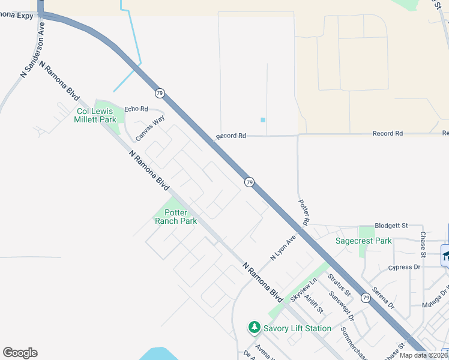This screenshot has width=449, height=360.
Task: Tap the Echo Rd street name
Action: coord(136,109)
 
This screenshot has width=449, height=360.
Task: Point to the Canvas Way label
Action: coord(149,128)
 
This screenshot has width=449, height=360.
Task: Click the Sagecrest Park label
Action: coord(363,241)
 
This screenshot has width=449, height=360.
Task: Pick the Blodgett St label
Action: coord(391,226)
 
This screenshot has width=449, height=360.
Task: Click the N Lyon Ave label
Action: coord(284,247)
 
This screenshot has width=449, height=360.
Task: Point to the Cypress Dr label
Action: coord(404,267)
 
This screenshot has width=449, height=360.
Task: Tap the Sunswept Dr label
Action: coord(342,305)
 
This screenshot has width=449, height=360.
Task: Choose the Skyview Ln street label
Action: coord(304,290)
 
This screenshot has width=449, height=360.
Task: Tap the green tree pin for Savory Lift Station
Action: coord(255,328)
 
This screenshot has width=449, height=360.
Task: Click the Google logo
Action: coord(20,353)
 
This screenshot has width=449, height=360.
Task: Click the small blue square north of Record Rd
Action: coord(263,120)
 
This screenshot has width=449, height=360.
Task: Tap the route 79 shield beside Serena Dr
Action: coord(366,298)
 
